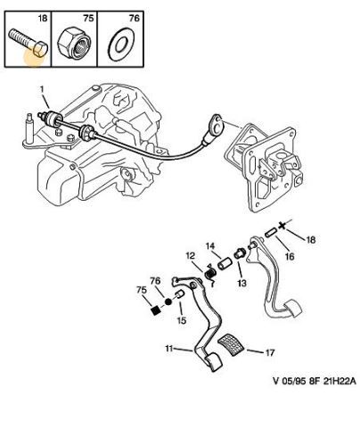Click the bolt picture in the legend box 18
pyautogui.click(x=29, y=42)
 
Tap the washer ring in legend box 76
pyautogui.click(x=121, y=45)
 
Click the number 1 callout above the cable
pyautogui.click(x=42, y=89)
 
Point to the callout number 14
pyautogui.click(x=210, y=246)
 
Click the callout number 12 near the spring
pyautogui.click(x=191, y=255)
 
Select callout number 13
pyautogui.click(x=241, y=283)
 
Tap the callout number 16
pyautogui.click(x=290, y=256)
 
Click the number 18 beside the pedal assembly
pyautogui.click(x=311, y=240)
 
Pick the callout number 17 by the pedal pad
pyautogui.click(x=269, y=352)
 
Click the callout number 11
pyautogui.click(x=169, y=348)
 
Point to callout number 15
pyautogui.click(x=182, y=320)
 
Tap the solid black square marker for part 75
pyautogui.click(x=155, y=310)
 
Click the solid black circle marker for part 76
pyautogui.click(x=168, y=302)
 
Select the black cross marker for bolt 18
pyautogui.click(x=282, y=226)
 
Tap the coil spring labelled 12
pyautogui.click(x=210, y=274)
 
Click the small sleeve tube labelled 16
pyautogui.click(x=271, y=232)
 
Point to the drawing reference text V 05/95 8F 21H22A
pyautogui.click(x=315, y=381)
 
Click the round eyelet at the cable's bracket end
pyautogui.click(x=217, y=126)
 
